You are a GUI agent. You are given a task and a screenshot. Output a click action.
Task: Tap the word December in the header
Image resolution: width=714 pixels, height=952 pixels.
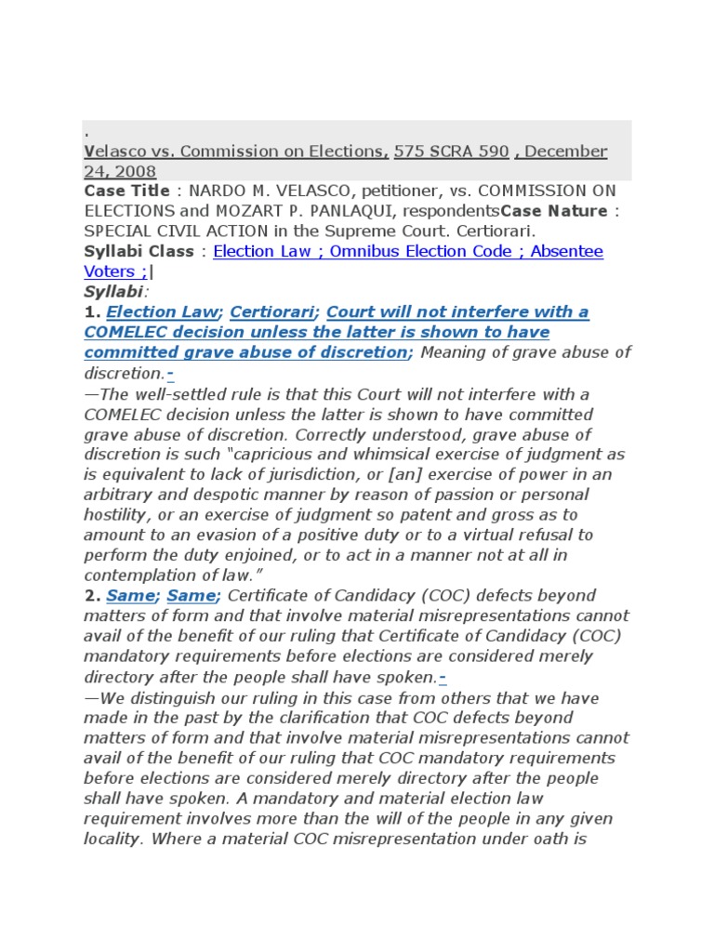[567, 152]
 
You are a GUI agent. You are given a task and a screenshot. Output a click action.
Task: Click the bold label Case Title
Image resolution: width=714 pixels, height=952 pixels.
[127, 191]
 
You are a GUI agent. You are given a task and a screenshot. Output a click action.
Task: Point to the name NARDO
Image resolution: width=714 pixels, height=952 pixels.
[240, 191]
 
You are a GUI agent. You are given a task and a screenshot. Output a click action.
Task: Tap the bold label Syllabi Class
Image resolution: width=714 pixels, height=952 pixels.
[139, 251]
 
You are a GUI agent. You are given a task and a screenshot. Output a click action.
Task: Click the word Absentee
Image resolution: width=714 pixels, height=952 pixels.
[567, 251]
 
